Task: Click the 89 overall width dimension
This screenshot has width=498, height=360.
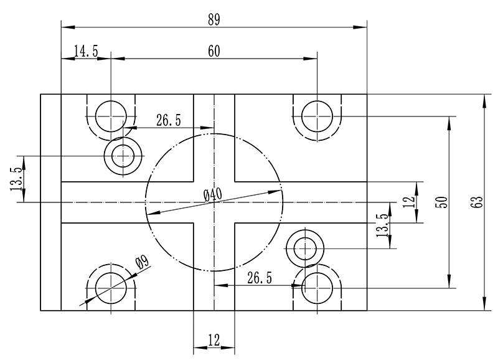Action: pos(214,19)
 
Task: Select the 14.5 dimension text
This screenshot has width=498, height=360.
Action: pos(86,52)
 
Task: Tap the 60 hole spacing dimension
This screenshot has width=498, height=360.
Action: pos(214,52)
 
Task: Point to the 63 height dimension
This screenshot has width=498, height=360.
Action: pos(477,202)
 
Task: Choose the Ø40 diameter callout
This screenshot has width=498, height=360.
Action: pos(213,194)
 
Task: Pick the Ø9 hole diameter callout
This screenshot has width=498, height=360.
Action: pos(141,265)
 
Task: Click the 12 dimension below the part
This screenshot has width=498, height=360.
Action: pos(214,340)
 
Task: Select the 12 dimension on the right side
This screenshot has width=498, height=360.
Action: pos(408,202)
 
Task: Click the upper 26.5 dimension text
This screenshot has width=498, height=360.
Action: pos(169,120)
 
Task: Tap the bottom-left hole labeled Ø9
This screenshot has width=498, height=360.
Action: pos(111,287)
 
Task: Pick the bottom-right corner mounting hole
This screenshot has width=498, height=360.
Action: pos(317,287)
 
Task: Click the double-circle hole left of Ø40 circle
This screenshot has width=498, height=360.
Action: pos(123,154)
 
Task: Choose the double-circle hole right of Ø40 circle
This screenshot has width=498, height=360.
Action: pos(305,249)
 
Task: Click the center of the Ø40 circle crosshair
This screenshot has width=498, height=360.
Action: pos(214,202)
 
